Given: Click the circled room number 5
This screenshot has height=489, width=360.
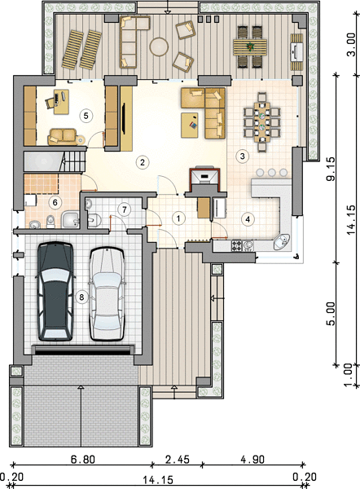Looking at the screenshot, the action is point(86,116).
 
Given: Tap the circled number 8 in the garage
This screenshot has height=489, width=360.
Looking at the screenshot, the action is point(81,297).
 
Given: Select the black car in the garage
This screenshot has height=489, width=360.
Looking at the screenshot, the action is point(55,291).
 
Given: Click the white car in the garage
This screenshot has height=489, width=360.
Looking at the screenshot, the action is point(107,294).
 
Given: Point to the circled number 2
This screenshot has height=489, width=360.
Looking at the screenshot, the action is point(143,162).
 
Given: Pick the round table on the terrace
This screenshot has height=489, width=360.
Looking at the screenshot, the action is point(159,46).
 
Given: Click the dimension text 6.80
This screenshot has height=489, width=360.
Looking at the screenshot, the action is point(82,459).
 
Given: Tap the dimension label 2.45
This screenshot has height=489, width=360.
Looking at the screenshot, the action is point(177,459).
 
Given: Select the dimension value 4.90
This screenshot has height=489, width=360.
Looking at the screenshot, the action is point(252,459).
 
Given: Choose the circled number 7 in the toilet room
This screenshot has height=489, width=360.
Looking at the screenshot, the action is point(125,209).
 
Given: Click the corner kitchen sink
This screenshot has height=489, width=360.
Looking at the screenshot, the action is point(282,242).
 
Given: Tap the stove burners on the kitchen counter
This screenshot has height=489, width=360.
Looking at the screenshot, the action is point(236,245).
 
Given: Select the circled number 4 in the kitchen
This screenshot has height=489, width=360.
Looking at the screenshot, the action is point(248,219).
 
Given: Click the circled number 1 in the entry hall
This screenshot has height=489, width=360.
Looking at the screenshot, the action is point(178,218).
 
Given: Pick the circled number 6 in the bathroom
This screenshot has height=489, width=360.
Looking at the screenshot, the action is point(55,203).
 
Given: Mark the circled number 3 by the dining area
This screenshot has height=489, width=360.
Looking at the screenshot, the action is point(243,156).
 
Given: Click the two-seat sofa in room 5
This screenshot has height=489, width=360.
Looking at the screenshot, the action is point(63,137).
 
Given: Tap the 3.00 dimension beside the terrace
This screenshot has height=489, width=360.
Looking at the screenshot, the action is point(351,44).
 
